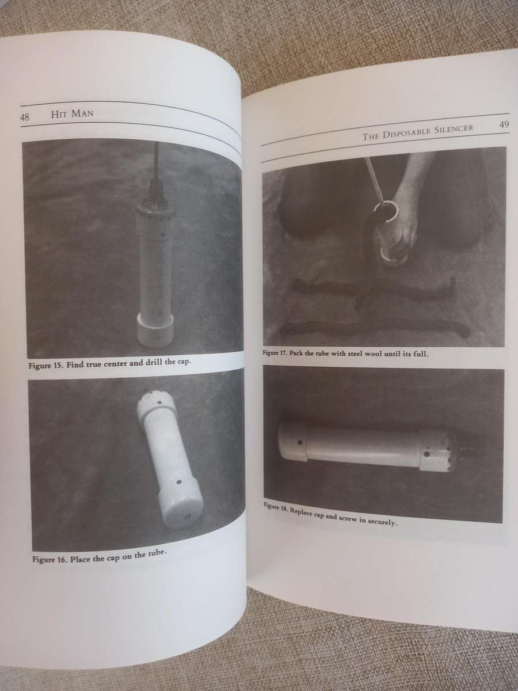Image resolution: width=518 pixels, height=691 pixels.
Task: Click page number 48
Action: click(25, 117)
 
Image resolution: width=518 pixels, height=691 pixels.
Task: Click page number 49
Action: click(504, 124)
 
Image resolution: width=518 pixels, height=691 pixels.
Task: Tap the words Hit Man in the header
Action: click(72, 114)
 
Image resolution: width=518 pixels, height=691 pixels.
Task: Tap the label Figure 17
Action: click(275, 353)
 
